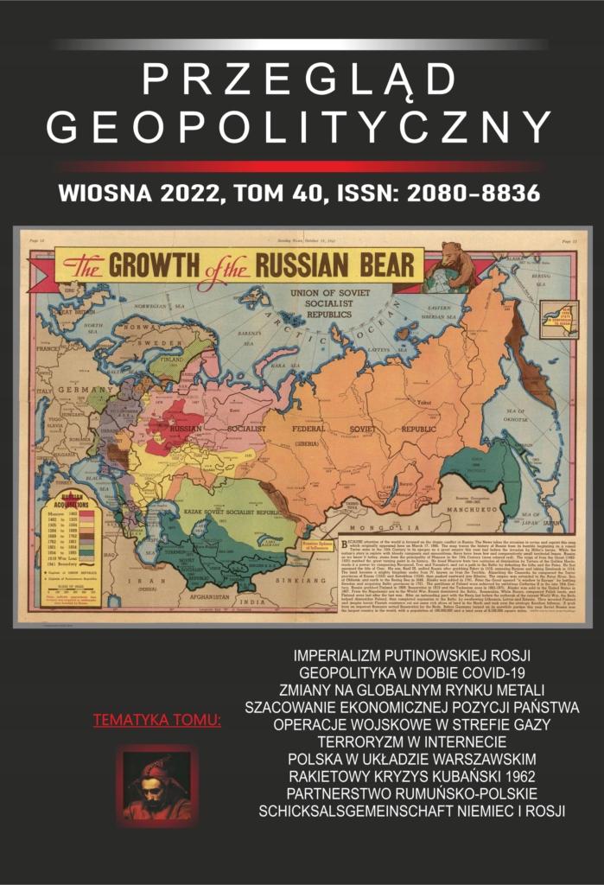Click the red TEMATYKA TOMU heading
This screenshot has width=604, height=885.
click(x=156, y=720)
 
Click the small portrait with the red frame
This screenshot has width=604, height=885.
click(x=156, y=786)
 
